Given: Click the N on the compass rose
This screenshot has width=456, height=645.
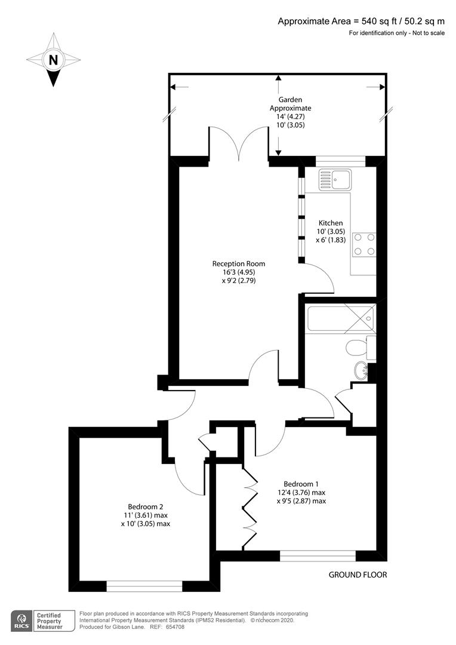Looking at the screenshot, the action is [x=53, y=60].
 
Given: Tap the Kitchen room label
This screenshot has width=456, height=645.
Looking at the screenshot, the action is [x=331, y=223].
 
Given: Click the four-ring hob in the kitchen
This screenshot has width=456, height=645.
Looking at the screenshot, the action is [x=364, y=244].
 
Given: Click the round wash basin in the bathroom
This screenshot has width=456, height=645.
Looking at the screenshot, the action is [x=362, y=370].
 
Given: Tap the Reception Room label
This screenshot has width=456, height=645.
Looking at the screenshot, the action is [x=239, y=264].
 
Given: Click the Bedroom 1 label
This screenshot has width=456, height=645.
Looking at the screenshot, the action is [x=301, y=484].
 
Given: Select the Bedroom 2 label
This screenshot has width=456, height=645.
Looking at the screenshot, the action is [x=146, y=507].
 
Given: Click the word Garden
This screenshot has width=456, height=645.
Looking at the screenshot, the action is [x=290, y=100].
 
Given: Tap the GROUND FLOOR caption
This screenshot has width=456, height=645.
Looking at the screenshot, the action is [x=358, y=575].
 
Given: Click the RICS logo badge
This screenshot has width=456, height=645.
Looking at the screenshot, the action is [x=21, y=621].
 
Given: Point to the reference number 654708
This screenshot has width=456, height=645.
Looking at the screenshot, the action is [x=175, y=627].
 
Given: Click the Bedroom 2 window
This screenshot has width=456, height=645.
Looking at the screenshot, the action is [x=144, y=586].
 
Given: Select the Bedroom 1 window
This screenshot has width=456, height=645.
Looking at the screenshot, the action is [x=318, y=556].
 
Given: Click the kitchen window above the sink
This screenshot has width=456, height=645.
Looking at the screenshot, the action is [x=340, y=161].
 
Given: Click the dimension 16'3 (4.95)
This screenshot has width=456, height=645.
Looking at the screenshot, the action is [x=239, y=272].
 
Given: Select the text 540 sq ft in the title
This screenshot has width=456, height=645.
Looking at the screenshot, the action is [x=378, y=21].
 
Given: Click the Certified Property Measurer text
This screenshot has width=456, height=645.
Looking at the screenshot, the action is [x=50, y=621].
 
